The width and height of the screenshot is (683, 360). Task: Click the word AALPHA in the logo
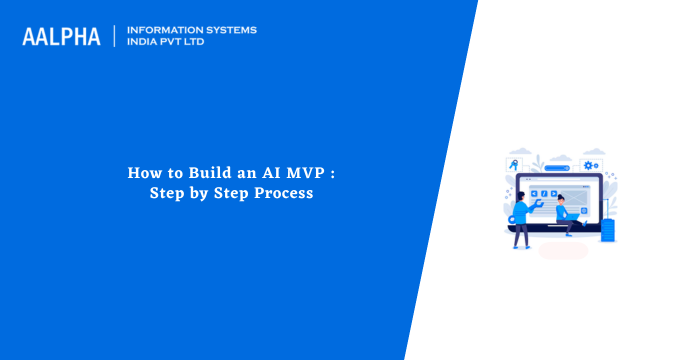coord(61,37)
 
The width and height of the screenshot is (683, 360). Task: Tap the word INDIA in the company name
coord(143,42)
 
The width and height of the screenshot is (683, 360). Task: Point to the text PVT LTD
coord(186,42)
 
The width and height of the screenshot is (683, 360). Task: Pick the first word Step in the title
coord(167,193)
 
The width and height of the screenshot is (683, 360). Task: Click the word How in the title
coord(141,173)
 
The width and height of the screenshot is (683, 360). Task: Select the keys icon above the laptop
coord(514,164)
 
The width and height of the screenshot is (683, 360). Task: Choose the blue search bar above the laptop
coord(552,163)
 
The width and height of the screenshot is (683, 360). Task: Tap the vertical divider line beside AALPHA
coord(115,36)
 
